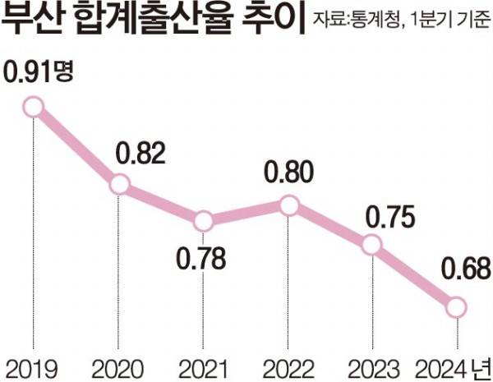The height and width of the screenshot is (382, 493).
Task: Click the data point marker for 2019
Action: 33,107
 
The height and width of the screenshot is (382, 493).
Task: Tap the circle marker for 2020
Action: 119,185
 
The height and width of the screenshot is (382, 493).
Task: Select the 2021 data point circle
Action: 204,221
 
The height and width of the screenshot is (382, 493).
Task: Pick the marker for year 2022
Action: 288,205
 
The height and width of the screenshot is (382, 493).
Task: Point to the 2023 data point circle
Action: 372,245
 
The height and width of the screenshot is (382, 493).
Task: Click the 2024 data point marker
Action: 457,307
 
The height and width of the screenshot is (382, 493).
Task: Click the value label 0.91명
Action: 38,72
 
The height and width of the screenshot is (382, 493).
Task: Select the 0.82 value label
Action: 141,154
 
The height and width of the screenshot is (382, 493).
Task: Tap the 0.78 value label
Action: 201,259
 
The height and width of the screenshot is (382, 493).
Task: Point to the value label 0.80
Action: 289,172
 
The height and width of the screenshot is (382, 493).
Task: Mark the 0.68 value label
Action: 466,269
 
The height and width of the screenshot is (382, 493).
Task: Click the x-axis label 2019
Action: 32,369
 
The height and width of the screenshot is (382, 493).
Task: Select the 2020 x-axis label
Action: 118,369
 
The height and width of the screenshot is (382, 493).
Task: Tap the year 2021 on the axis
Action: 203,369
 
